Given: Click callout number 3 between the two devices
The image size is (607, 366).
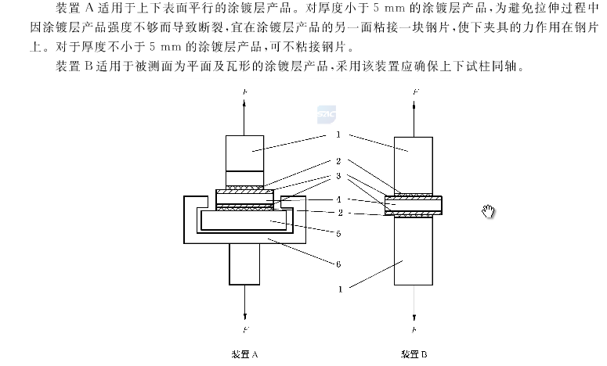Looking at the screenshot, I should (x=338, y=177).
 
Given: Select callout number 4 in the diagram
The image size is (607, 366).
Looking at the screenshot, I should (x=338, y=199).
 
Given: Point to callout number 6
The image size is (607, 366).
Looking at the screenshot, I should (x=338, y=266).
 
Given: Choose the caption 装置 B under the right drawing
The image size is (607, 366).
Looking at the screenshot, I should (x=414, y=353).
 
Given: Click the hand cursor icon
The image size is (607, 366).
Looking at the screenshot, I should (x=490, y=211).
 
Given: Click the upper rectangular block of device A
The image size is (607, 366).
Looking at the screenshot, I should (x=247, y=153).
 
